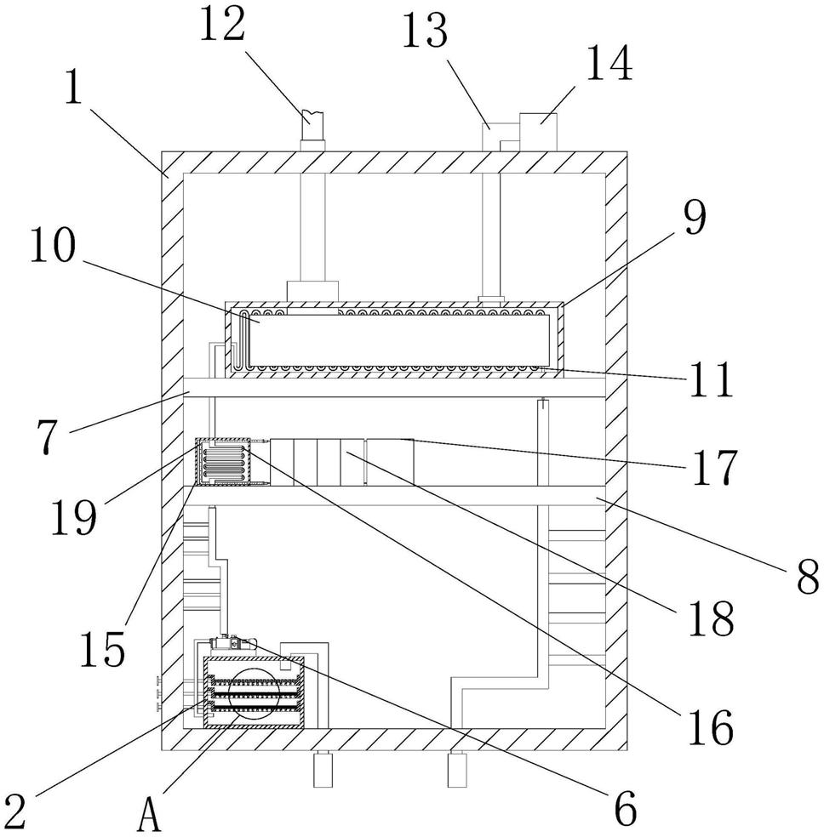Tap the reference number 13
[x=425, y=31]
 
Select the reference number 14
[x=609, y=62]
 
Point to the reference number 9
[x=695, y=217]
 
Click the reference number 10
[x=53, y=245]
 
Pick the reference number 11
[x=711, y=379]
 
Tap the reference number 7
[x=47, y=437]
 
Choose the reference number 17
[x=715, y=467]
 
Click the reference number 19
[x=74, y=517]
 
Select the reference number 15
[x=102, y=649]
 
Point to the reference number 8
[x=808, y=577]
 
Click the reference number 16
[x=710, y=727]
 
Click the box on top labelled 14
[x=538, y=132]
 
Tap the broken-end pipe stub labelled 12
[x=312, y=125]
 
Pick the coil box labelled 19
[x=224, y=461]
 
